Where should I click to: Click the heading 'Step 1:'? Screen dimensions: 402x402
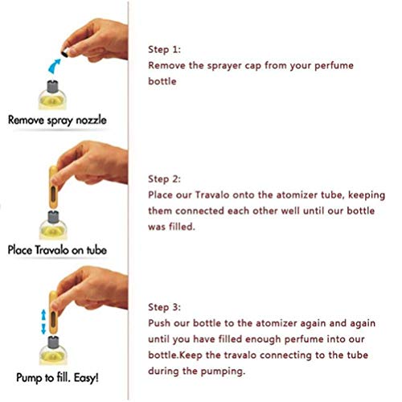click(165, 49)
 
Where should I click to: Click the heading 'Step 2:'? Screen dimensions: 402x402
click(165, 178)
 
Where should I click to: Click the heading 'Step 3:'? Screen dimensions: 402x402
click(165, 307)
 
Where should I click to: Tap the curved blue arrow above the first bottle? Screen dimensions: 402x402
click(54, 66)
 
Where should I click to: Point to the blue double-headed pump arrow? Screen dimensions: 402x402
click(43, 322)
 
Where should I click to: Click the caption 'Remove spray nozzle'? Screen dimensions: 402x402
click(57, 120)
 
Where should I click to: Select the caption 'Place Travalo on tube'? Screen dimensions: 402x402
click(57, 250)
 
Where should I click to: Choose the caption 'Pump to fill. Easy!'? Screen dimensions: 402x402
click(57, 378)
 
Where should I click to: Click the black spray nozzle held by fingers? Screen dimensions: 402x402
click(65, 53)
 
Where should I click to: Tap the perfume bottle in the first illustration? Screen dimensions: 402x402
click(52, 95)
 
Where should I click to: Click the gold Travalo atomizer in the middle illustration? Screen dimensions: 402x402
click(53, 187)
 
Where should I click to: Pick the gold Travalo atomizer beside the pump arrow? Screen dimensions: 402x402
click(53, 313)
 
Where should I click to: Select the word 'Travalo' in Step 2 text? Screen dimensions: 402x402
click(212, 195)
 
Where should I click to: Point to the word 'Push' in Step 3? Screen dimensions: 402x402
click(159, 323)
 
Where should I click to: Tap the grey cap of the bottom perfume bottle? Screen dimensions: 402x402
click(53, 343)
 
